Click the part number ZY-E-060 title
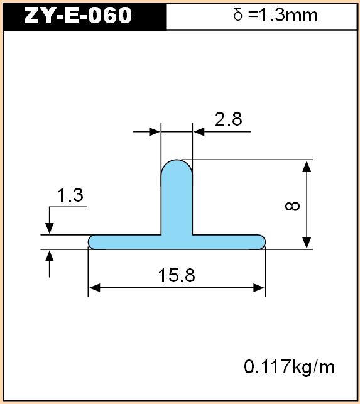pyautogui.click(x=78, y=16)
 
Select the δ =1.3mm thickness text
pyautogui.click(x=275, y=16)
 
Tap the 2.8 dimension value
pyautogui.click(x=229, y=119)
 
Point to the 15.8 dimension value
pyautogui.click(x=177, y=275)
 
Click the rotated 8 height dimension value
pyautogui.click(x=293, y=206)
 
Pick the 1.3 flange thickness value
pyautogui.click(x=70, y=195)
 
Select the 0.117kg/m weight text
pyautogui.click(x=289, y=367)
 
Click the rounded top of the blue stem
pyautogui.click(x=177, y=160)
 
